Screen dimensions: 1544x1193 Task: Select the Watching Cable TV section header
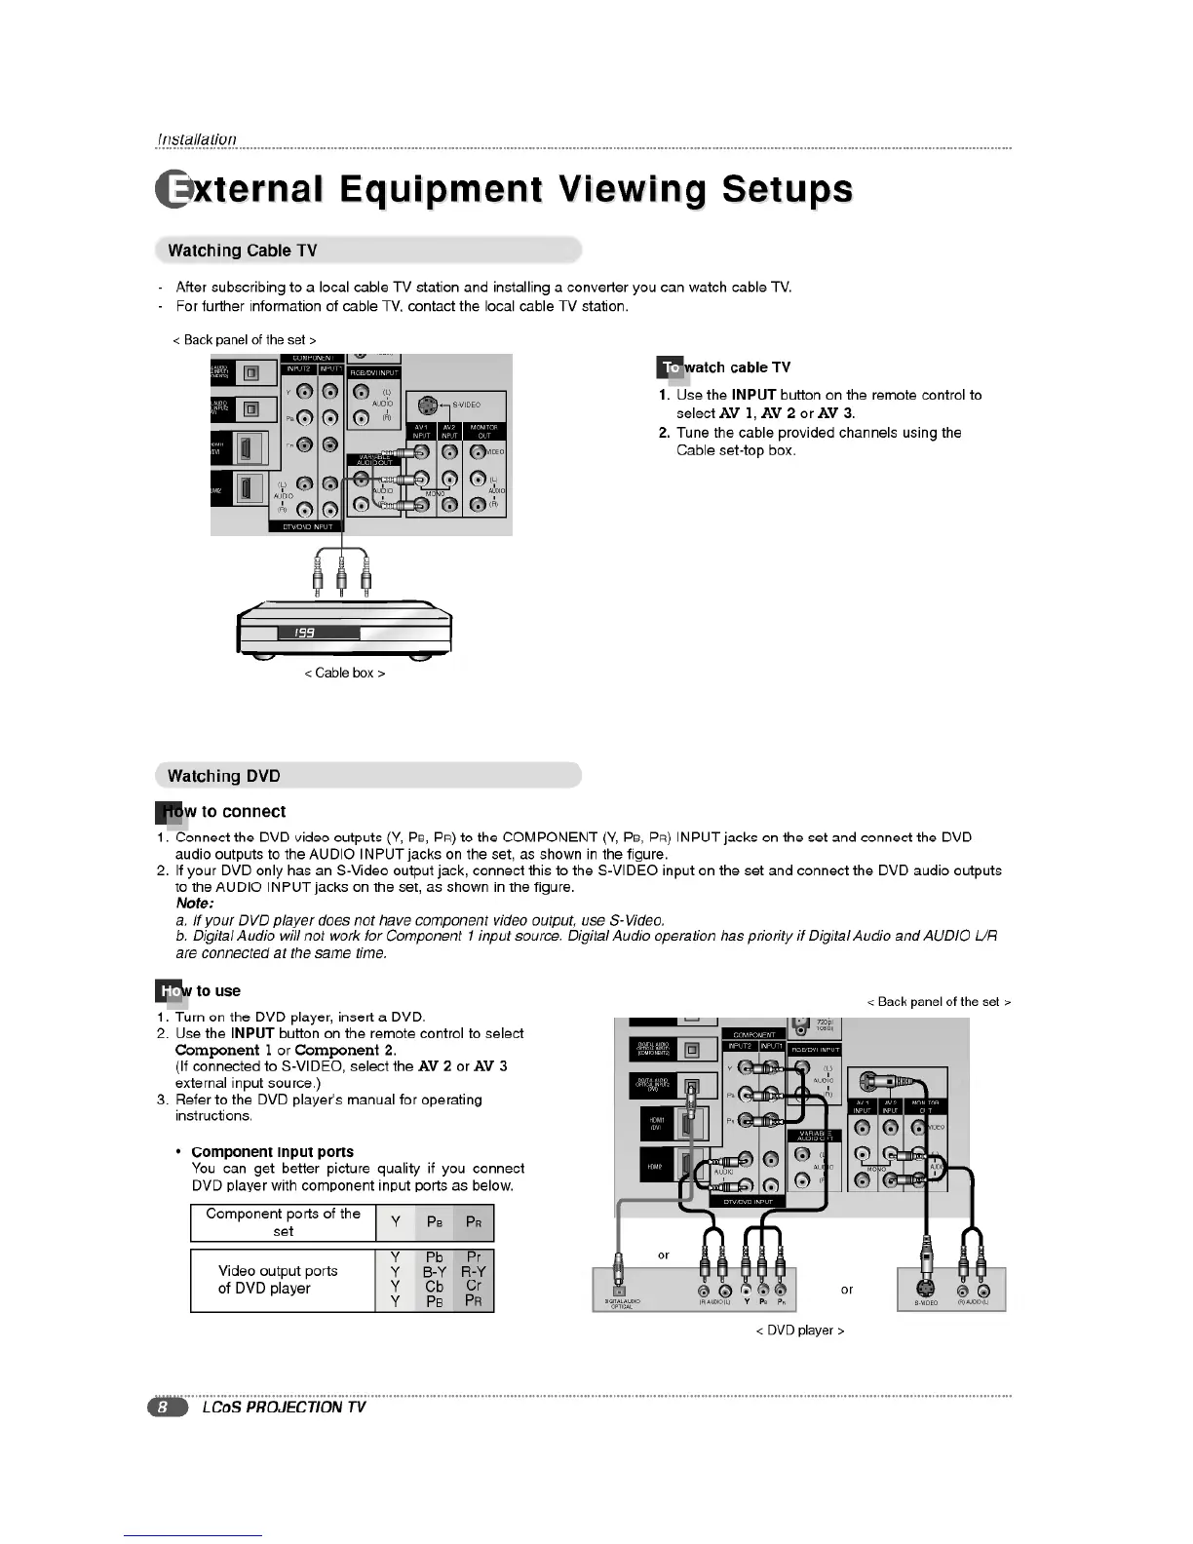click(243, 251)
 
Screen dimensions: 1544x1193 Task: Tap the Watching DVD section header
click(224, 776)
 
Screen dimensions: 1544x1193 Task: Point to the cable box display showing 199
click(319, 633)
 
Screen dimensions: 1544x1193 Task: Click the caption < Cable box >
click(345, 674)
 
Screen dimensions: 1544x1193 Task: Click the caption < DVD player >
click(799, 1331)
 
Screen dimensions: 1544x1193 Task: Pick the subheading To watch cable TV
click(726, 367)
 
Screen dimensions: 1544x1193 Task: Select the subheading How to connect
click(221, 812)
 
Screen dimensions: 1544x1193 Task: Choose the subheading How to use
click(199, 991)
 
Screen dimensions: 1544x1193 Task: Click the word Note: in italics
click(195, 905)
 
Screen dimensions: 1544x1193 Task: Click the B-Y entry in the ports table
click(434, 1272)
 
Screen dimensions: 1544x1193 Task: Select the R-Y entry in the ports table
click(474, 1272)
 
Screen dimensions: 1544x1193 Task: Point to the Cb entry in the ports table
click(435, 1287)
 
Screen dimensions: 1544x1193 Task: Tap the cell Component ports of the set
click(283, 1222)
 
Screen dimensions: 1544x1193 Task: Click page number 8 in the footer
click(166, 1408)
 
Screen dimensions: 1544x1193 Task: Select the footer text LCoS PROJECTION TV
click(284, 1408)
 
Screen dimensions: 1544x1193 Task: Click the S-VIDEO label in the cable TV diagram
click(465, 405)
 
